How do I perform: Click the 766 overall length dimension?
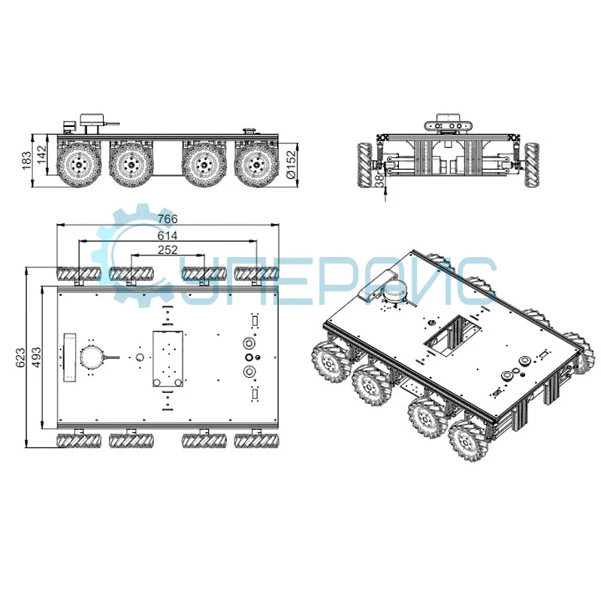[x=167, y=219]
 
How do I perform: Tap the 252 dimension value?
[x=167, y=250]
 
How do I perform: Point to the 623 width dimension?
[x=20, y=358]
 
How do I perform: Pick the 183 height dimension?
[x=27, y=159]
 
